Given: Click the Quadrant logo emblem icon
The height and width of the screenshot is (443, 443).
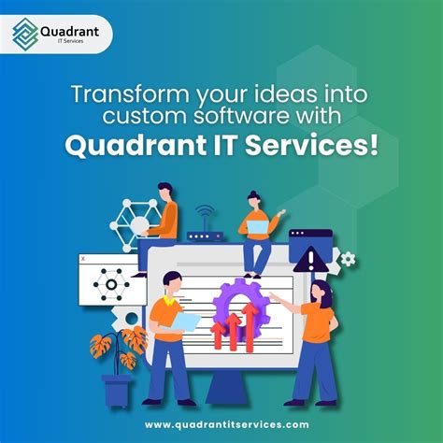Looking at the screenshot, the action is (x=25, y=35).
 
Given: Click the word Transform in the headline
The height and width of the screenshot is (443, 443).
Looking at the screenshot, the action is (x=130, y=94).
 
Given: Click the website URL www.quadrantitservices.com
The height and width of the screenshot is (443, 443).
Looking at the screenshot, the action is (x=227, y=424).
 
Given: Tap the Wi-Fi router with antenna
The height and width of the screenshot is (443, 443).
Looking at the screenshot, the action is (x=205, y=225).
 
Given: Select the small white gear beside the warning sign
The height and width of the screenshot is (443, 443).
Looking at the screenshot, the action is (x=348, y=259).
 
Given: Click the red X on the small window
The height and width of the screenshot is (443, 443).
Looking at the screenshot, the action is (x=83, y=258).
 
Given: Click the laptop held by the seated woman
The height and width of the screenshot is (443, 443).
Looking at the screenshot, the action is (x=258, y=227).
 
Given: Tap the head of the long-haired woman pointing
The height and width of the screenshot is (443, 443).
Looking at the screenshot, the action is (x=321, y=293).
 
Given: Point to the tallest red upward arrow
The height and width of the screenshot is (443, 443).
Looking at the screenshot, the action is (x=250, y=327).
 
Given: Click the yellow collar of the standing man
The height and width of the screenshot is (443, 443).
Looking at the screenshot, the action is (x=169, y=301).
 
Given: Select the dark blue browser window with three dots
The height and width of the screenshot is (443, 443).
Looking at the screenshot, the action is (x=310, y=246).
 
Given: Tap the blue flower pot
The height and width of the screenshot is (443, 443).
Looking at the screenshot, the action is (x=117, y=391).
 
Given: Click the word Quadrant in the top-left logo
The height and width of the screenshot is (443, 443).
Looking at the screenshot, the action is (x=70, y=32).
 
